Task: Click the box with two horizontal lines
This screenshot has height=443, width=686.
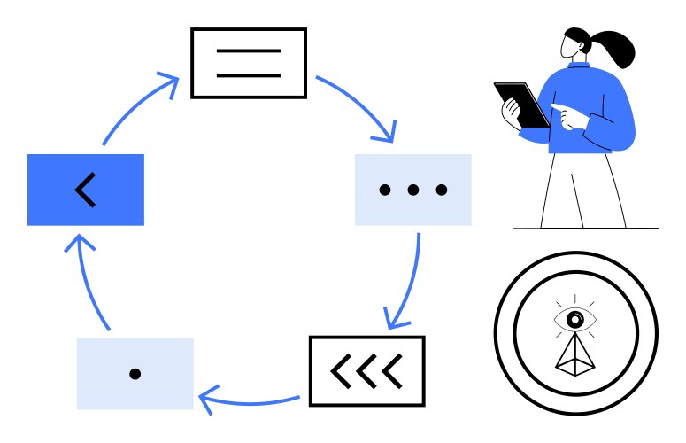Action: pos(249,63)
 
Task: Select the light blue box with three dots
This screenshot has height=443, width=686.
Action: pos(412,190)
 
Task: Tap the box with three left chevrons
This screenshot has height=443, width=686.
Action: pos(366,371)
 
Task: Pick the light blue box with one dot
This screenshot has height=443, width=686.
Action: pos(135,374)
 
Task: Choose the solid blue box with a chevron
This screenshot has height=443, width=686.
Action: pos(85,190)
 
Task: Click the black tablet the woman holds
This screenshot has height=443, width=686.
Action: pos(523,105)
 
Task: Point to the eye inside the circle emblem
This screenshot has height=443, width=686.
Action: pos(575,317)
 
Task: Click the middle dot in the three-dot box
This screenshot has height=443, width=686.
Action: pos(412,190)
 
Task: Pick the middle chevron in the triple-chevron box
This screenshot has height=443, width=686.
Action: pos(366,371)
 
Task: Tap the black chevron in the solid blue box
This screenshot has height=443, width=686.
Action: pos(85,190)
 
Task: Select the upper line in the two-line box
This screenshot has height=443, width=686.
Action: pos(249,51)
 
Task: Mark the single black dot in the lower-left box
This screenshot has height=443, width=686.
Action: pos(135,374)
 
